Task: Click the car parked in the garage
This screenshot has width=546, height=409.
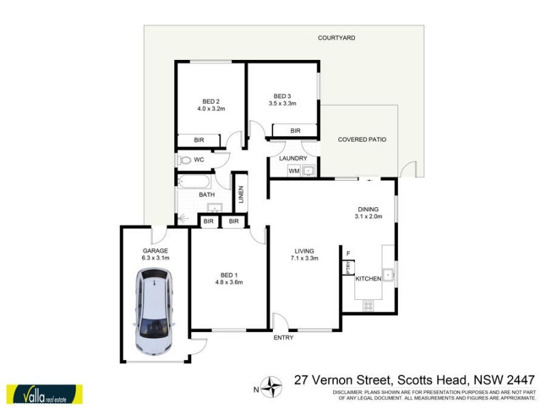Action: coord(155,311)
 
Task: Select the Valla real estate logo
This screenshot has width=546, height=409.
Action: coord(44,395)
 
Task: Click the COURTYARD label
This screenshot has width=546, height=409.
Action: coord(336,38)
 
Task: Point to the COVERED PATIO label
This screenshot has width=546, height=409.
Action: coord(362,139)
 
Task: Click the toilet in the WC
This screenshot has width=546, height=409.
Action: coord(185,160)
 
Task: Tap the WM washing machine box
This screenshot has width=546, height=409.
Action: coord(294,170)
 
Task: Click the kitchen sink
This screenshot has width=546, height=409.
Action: coord(388,275)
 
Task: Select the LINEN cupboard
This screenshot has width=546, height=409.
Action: coord(240,194)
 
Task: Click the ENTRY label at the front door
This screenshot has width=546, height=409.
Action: coord(283,337)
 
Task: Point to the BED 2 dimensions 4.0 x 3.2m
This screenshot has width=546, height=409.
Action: coord(211,108)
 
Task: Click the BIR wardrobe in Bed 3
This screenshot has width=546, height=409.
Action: coord(295,130)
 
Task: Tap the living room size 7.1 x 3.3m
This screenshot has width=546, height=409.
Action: coord(304,258)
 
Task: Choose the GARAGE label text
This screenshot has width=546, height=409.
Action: coord(155,250)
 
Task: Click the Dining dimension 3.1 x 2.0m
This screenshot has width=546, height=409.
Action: coord(369,217)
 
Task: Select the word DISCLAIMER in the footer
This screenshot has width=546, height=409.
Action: coord(348,393)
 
